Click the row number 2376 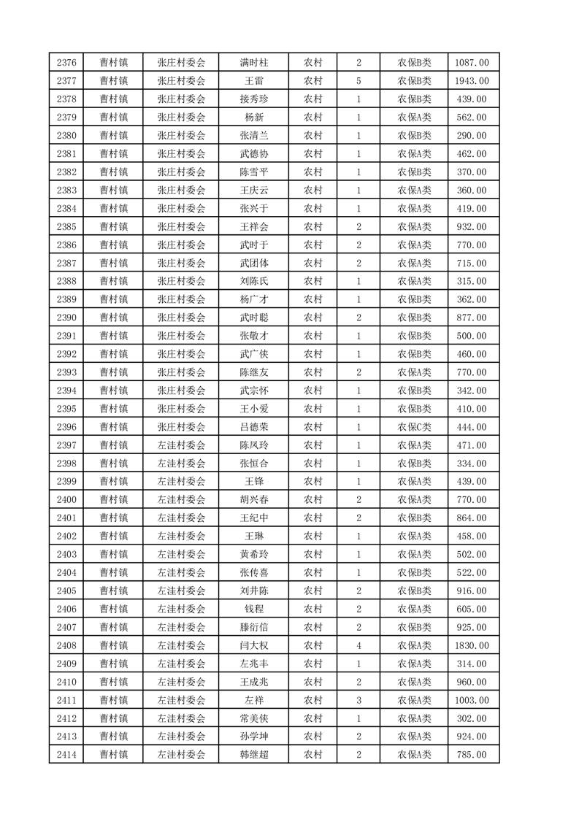pos(66,63)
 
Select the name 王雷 pos(253,81)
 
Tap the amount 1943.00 pos(471,81)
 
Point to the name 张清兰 pos(253,136)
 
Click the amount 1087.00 pos(471,63)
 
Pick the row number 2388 pos(66,281)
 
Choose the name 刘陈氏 pos(253,281)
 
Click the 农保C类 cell pos(414,427)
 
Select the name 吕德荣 pos(253,427)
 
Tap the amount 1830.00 pos(471,645)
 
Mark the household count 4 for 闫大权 pos(358,645)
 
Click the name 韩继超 pos(253,755)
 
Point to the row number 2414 pos(66,755)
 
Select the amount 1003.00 pos(471,700)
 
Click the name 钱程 pos(253,609)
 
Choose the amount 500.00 pos(471,336)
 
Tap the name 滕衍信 pos(253,627)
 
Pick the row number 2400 pos(66,500)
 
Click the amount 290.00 pos(471,136)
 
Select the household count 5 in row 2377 pos(358,81)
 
